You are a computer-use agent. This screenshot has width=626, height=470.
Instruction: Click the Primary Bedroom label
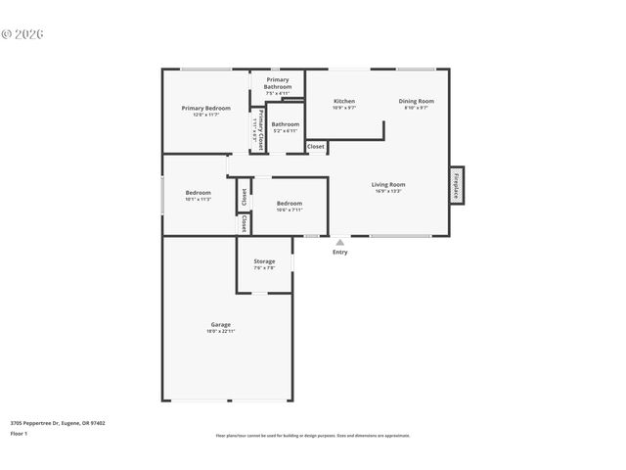click(206, 108)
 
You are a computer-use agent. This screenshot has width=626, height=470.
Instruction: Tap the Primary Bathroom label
click(278, 83)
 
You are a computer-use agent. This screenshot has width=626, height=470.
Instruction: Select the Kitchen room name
click(344, 101)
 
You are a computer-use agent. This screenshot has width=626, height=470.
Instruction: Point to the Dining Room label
click(417, 101)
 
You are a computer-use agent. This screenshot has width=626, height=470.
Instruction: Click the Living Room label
click(388, 184)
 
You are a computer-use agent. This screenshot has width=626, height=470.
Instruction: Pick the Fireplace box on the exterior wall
click(456, 185)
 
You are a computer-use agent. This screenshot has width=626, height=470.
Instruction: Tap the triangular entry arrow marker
click(339, 242)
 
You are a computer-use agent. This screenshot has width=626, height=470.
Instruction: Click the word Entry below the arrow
click(339, 253)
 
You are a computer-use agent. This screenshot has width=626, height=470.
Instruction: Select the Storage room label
click(264, 261)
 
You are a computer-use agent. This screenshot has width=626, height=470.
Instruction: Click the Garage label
click(221, 324)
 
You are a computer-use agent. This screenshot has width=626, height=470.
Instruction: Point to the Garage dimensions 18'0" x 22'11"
click(221, 331)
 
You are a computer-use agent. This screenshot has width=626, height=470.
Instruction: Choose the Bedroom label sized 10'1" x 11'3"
click(199, 193)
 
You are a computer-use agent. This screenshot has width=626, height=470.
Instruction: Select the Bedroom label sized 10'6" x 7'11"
click(290, 204)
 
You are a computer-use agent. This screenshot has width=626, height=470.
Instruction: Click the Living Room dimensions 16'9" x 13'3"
click(388, 191)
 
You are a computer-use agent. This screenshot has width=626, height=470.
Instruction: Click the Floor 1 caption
click(19, 433)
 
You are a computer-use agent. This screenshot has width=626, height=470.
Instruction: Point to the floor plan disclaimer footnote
click(313, 436)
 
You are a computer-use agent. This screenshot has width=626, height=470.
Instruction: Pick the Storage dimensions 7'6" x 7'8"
click(264, 268)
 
